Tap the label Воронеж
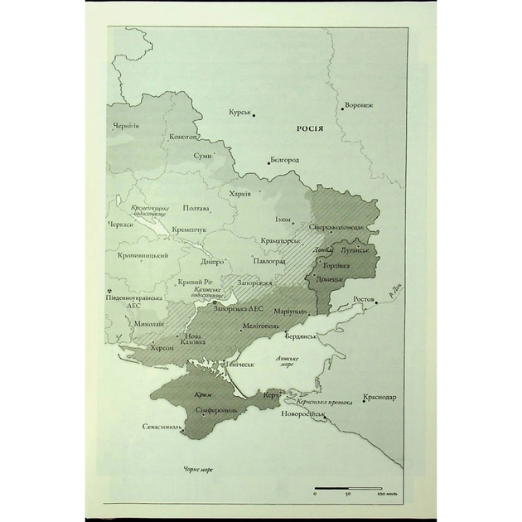359,106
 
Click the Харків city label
239,192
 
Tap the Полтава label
196,208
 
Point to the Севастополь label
162,427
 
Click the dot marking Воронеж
341,108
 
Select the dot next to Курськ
254,115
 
